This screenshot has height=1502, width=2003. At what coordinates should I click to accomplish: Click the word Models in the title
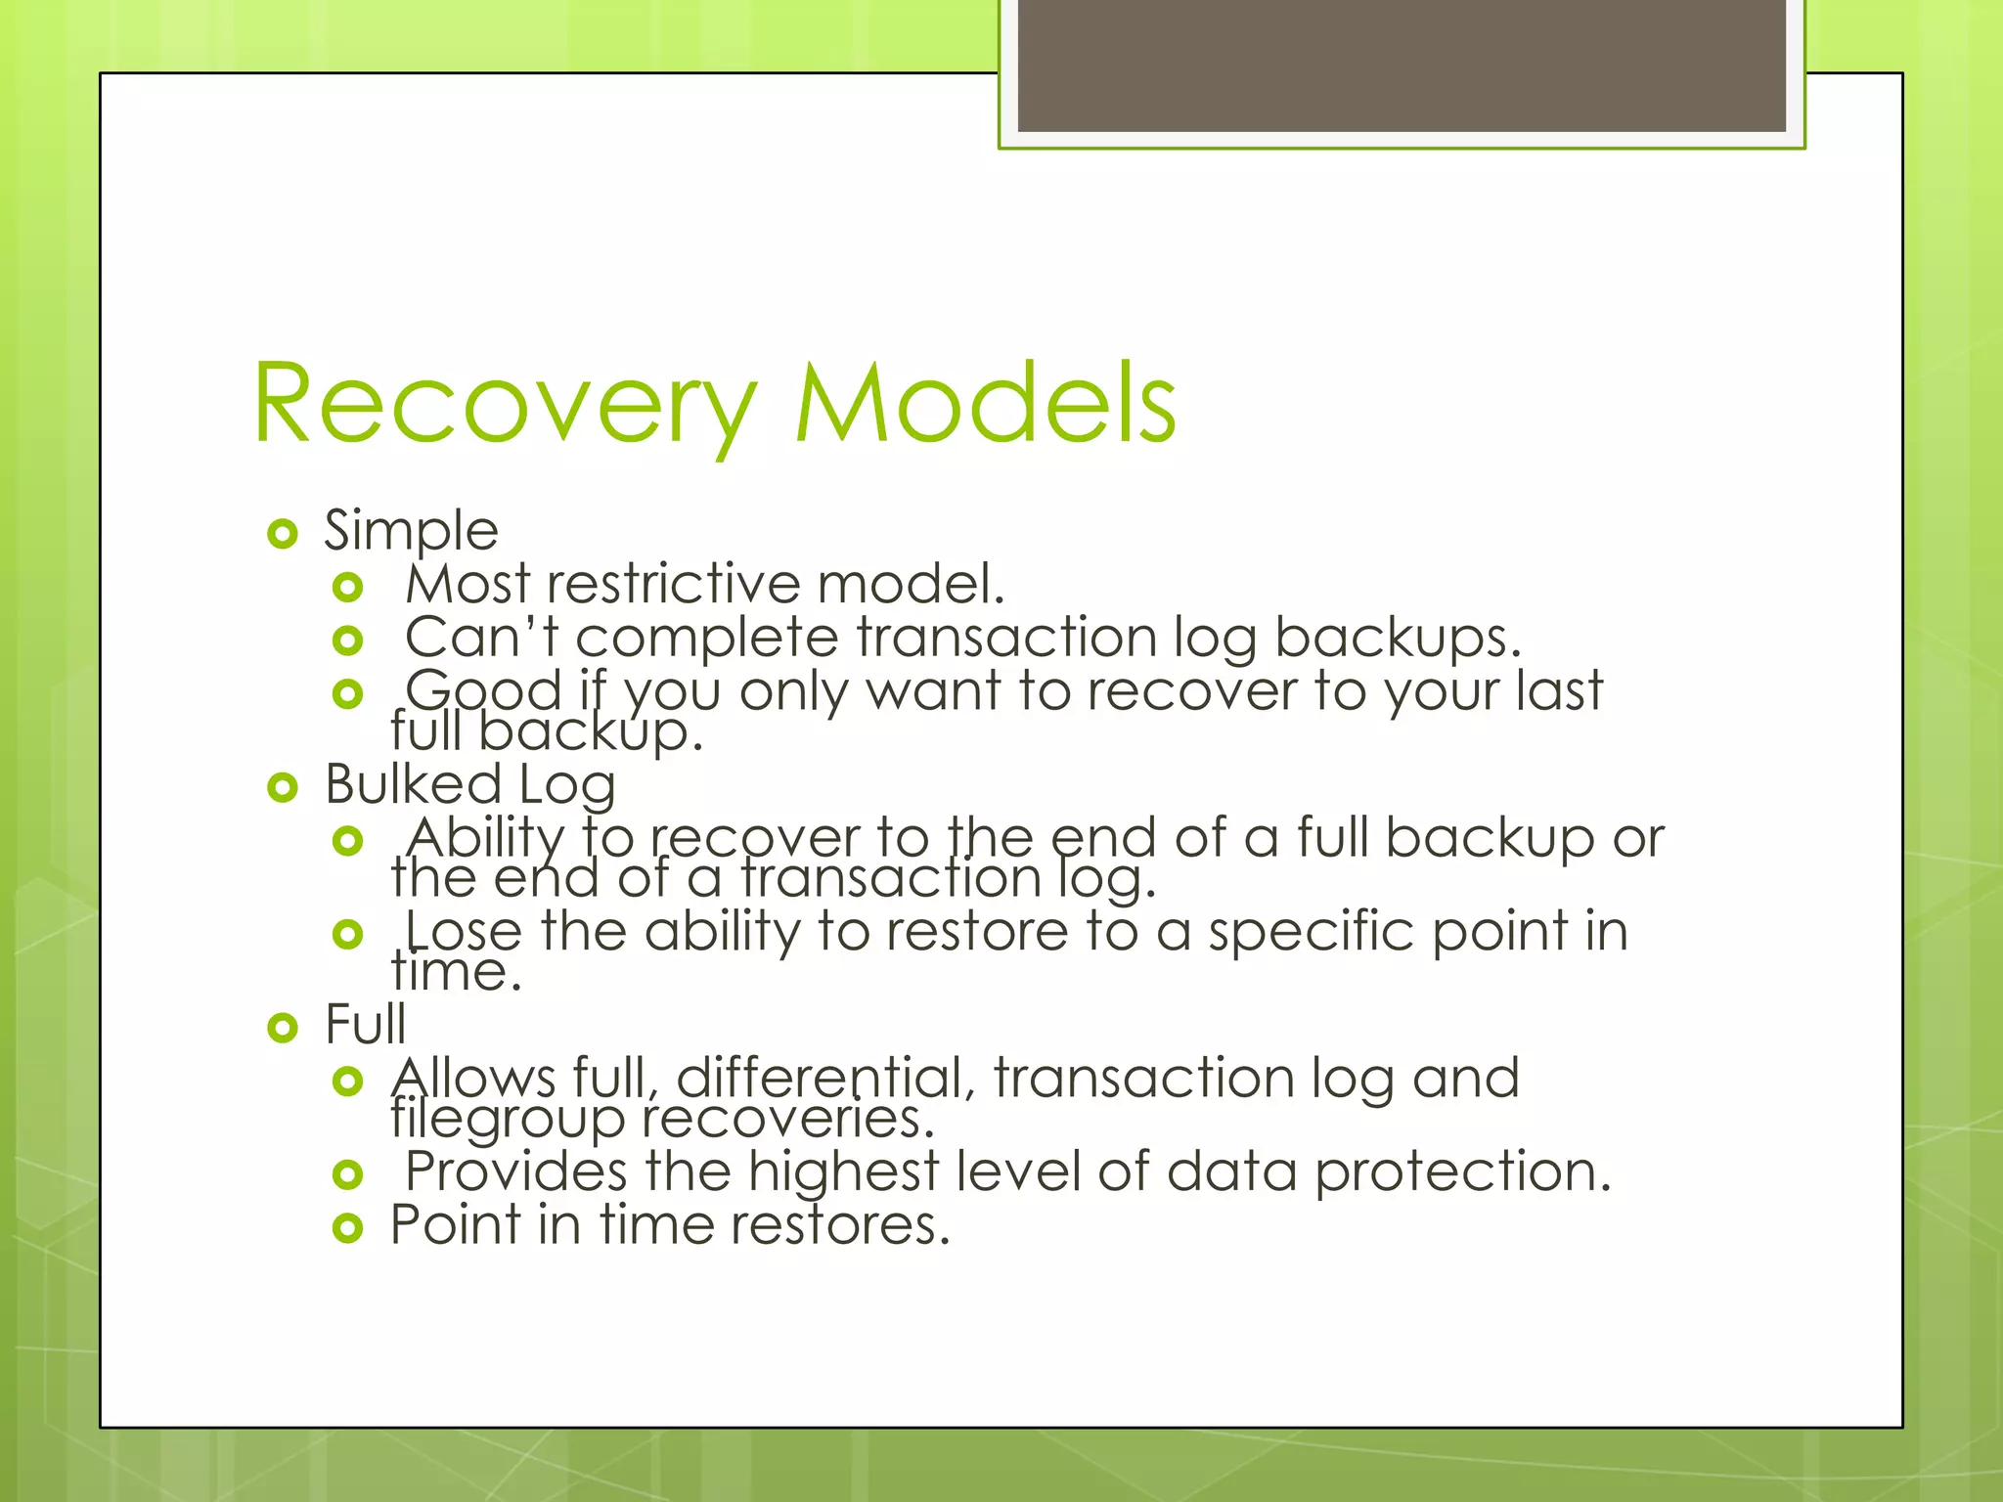(x=985, y=404)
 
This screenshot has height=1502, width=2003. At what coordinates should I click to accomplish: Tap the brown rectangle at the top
(x=1401, y=65)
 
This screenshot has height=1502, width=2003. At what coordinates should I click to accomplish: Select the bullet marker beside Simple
(x=282, y=534)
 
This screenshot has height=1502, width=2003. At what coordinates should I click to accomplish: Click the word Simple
(x=411, y=531)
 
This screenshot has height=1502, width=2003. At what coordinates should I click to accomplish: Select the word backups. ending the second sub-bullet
(x=1398, y=638)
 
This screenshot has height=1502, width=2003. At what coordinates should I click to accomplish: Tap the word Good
(x=483, y=690)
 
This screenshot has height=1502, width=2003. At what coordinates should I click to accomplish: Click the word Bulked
(x=413, y=784)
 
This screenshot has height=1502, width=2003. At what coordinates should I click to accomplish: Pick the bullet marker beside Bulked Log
(x=282, y=787)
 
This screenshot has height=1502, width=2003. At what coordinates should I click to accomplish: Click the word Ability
(x=486, y=837)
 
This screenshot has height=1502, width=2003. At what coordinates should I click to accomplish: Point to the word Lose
(x=464, y=931)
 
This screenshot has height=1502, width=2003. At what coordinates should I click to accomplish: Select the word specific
(x=1311, y=931)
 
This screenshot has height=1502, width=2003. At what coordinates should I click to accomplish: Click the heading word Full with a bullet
(x=365, y=1025)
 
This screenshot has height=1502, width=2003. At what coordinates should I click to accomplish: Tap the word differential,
(x=825, y=1078)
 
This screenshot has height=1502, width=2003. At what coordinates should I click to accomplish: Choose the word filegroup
(x=507, y=1119)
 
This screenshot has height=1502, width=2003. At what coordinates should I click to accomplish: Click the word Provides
(x=515, y=1171)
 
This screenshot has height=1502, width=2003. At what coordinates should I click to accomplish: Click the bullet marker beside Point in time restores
(x=347, y=1227)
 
